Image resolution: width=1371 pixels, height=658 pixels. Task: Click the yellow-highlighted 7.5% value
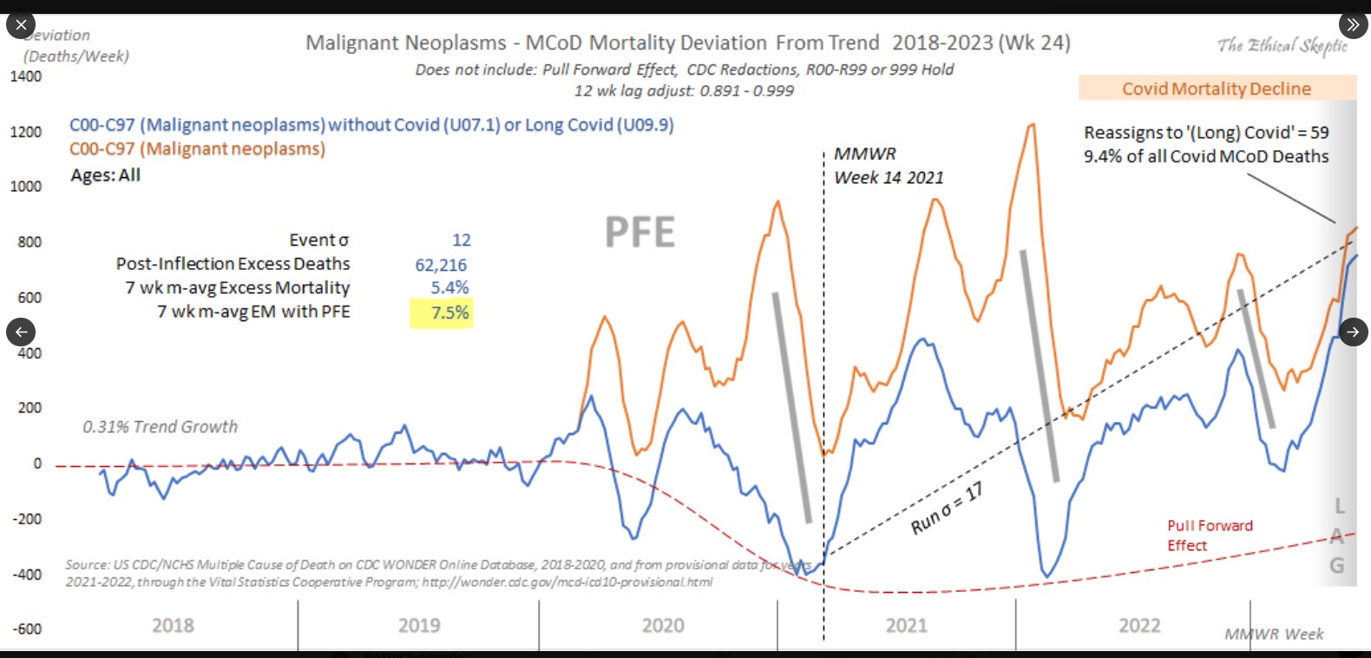click(x=443, y=313)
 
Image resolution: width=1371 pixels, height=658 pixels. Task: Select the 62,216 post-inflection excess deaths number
click(x=441, y=265)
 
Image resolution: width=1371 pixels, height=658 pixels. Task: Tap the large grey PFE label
click(x=640, y=233)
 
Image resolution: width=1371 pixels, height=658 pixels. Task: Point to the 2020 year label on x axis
click(x=663, y=625)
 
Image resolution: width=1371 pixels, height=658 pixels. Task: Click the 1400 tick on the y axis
click(x=26, y=76)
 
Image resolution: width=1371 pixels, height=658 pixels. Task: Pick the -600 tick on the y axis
click(x=27, y=629)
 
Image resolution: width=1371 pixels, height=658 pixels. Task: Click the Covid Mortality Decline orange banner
click(x=1217, y=89)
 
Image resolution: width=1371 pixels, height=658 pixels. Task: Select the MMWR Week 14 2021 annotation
click(x=888, y=166)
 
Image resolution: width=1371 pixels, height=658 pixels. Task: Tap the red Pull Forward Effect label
click(x=1209, y=536)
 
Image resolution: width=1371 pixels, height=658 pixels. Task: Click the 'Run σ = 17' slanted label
click(x=947, y=509)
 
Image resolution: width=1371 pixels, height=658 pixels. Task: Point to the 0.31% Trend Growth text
click(x=160, y=427)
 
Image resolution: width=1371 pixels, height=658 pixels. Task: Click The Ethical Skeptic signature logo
click(x=1282, y=45)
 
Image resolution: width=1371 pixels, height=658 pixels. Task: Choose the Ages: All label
click(x=105, y=174)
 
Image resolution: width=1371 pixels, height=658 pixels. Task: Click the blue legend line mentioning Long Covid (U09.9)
click(x=371, y=125)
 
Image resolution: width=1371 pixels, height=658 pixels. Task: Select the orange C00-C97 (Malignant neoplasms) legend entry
click(x=197, y=149)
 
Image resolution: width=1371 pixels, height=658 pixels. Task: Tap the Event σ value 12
click(x=461, y=240)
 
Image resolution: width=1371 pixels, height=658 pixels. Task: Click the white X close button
click(x=21, y=24)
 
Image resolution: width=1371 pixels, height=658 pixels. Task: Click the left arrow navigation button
click(x=21, y=331)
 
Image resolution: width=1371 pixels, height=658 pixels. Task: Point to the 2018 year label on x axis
click(x=173, y=625)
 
